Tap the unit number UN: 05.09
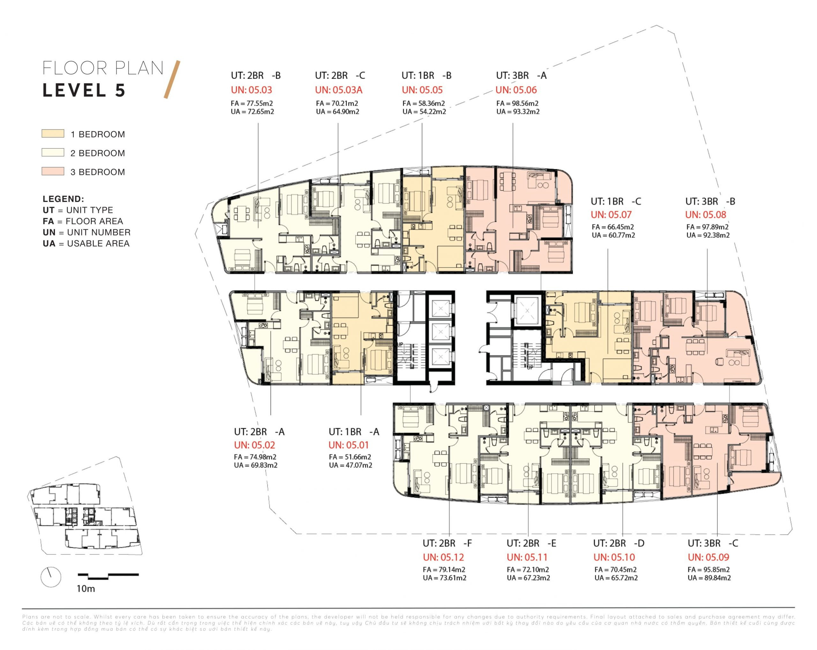click(708, 557)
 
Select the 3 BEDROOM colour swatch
click(53, 171)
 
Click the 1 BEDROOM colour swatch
click(53, 133)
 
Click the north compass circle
click(51, 577)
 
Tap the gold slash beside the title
click(172, 79)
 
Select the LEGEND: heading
click(63, 199)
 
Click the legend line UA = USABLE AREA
click(86, 243)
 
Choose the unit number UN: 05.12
click(443, 557)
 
